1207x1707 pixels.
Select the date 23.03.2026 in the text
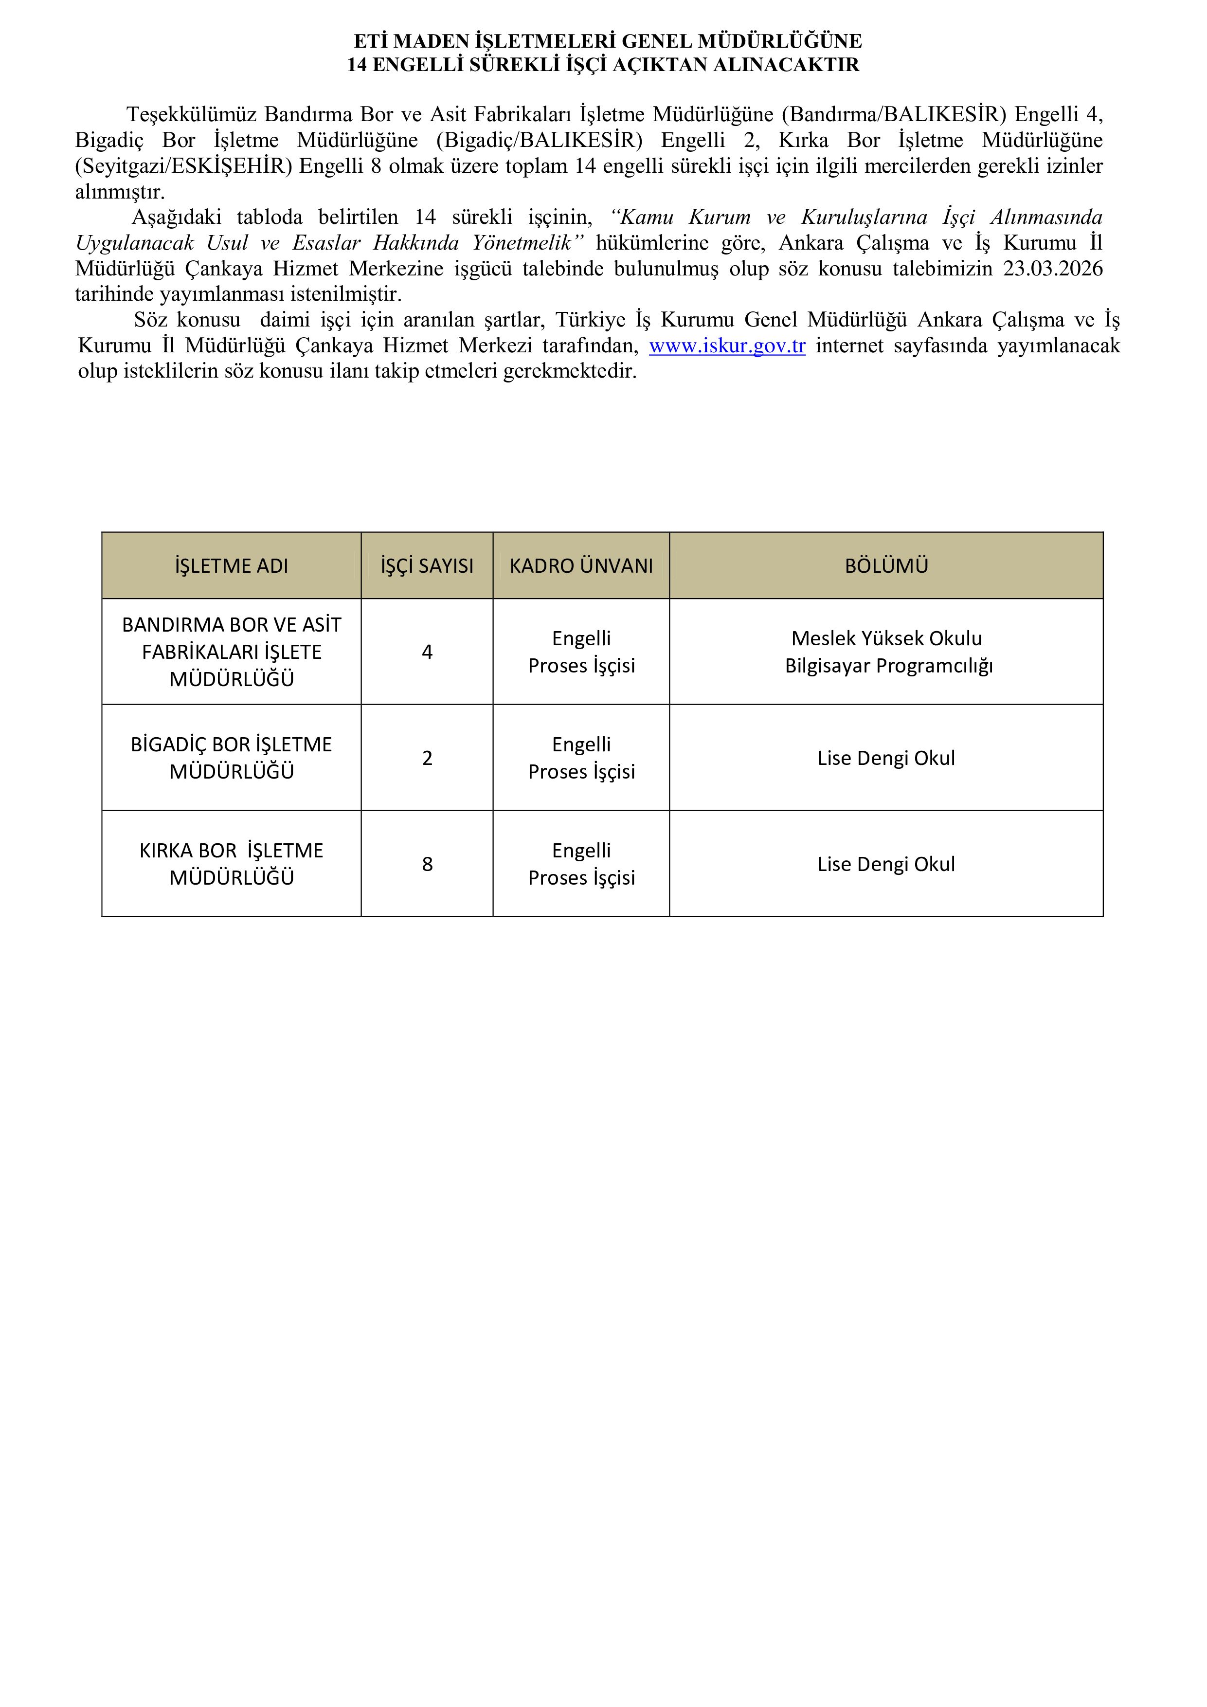point(1052,269)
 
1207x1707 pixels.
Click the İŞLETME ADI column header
point(231,566)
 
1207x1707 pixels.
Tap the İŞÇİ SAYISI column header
point(427,566)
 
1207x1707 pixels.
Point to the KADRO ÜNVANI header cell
point(581,566)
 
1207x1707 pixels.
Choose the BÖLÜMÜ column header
point(886,566)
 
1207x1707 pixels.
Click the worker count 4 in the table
point(427,652)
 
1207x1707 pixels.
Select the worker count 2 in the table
point(427,758)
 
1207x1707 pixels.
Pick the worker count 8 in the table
point(427,864)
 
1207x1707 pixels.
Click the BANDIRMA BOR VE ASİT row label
point(231,651)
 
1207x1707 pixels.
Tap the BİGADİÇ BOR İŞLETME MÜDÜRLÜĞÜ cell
point(231,758)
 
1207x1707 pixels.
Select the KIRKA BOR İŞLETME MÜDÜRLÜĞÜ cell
point(231,864)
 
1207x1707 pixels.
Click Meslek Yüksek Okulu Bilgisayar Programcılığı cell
point(887,652)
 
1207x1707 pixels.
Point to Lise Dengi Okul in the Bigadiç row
point(886,758)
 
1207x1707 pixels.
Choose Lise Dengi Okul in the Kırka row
point(886,864)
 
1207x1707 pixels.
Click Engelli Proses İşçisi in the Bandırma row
point(581,652)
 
